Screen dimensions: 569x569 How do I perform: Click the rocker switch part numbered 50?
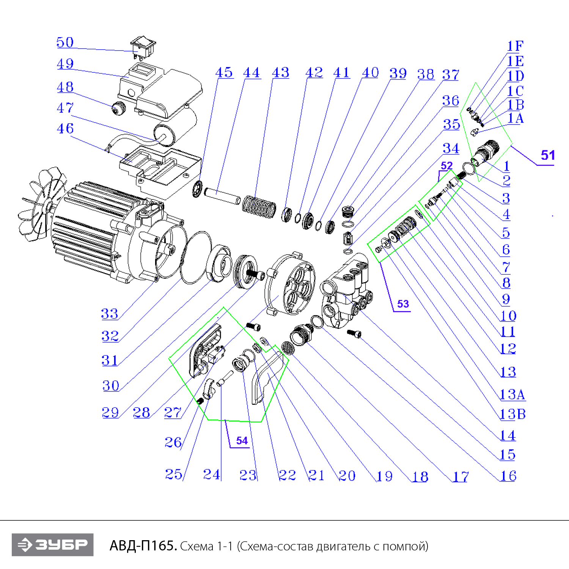coord(143,47)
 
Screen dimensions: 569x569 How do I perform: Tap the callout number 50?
coord(65,42)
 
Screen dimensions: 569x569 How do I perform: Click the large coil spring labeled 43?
coord(259,207)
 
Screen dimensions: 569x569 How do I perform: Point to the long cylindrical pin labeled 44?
coord(222,194)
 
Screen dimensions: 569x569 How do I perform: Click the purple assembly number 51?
coord(547,155)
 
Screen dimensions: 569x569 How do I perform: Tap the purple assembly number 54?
coord(242,441)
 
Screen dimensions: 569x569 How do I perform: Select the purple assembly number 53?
coord(403,304)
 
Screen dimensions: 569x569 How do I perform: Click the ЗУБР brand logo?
coord(52,545)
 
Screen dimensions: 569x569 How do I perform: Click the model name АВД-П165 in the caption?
coord(143,546)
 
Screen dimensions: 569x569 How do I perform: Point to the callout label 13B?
coord(512,414)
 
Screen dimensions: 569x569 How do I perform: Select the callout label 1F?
coord(515,46)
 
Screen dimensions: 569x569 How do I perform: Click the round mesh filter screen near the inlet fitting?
coord(288,348)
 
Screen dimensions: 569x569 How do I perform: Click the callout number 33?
coord(109,314)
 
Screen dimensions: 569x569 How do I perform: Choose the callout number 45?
coord(224,72)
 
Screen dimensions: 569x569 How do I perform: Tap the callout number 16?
coord(508,476)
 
